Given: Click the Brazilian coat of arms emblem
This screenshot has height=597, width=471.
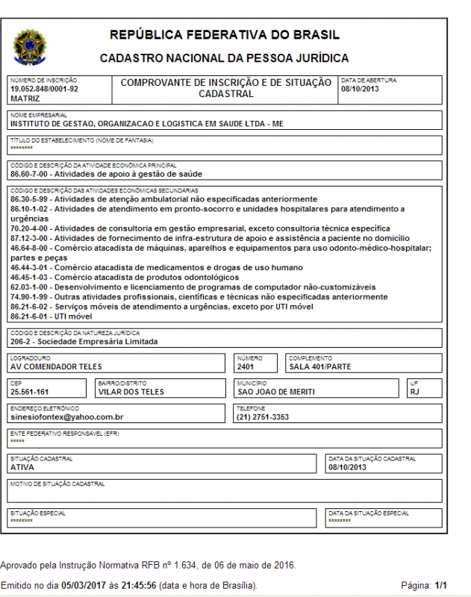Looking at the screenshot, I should pyautogui.click(x=29, y=46).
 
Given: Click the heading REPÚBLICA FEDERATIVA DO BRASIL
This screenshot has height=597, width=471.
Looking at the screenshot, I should pyautogui.click(x=224, y=35).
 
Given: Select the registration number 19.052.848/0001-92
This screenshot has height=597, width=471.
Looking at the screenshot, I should pyautogui.click(x=44, y=89).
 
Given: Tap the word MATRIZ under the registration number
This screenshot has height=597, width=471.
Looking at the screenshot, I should pyautogui.click(x=25, y=98).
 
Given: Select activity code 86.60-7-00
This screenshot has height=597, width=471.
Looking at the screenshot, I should pyautogui.click(x=31, y=174).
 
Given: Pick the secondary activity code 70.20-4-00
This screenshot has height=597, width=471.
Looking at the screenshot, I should pyautogui.click(x=31, y=228).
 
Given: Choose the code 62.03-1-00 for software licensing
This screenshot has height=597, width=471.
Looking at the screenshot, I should pyautogui.click(x=31, y=287).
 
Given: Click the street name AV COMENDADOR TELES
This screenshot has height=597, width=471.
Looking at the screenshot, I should pyautogui.click(x=56, y=366).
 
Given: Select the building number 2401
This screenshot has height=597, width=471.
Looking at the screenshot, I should pyautogui.click(x=246, y=366).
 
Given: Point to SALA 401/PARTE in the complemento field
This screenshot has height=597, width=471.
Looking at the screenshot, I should pyautogui.click(x=319, y=366).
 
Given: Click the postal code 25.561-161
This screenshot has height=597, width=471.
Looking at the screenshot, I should pyautogui.click(x=29, y=392).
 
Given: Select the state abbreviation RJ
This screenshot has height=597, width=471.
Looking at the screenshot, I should pyautogui.click(x=415, y=392).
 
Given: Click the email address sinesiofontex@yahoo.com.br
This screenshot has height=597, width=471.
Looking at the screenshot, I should pyautogui.click(x=66, y=417).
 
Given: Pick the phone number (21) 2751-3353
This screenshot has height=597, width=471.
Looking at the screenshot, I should pyautogui.click(x=263, y=417).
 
